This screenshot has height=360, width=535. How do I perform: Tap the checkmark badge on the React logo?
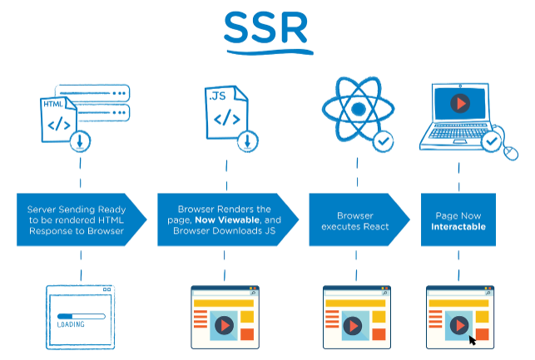tap(384, 141)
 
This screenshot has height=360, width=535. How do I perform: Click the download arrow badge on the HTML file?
tap(81, 141)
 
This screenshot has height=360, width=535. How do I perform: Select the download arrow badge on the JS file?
tap(246, 141)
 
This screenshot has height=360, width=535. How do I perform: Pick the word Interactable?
tap(458, 226)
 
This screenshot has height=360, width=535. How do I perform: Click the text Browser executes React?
tap(355, 219)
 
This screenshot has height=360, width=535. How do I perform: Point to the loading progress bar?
tap(80, 315)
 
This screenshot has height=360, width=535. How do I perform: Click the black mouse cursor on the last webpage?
tap(473, 339)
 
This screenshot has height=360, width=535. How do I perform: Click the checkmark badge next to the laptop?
tap(492, 142)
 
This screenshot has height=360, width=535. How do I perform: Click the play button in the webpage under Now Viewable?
tap(223, 326)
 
